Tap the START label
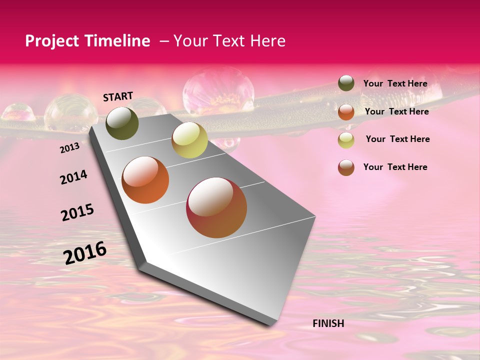(x=118, y=96)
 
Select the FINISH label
(x=328, y=323)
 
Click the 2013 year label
(x=69, y=148)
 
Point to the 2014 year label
(x=73, y=177)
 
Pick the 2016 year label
(x=85, y=253)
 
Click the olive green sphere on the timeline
(x=122, y=123)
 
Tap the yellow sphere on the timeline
(x=189, y=140)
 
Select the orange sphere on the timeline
(x=145, y=180)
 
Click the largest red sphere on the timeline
(x=216, y=207)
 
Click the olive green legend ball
(x=346, y=83)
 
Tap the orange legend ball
(x=346, y=112)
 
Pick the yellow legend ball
(x=346, y=140)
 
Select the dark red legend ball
(x=346, y=167)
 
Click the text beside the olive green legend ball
(x=395, y=84)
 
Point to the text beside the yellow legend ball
(x=397, y=139)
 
